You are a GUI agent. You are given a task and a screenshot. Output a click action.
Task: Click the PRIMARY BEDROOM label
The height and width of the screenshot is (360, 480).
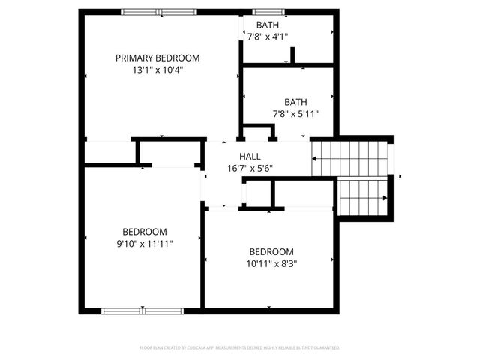click(157, 58)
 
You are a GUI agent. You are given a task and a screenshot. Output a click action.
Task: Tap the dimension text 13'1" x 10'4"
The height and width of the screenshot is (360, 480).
click(157, 70)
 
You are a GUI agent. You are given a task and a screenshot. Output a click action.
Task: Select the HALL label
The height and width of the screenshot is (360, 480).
click(250, 156)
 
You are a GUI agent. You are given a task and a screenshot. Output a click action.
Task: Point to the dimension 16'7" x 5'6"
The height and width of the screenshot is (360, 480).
click(250, 168)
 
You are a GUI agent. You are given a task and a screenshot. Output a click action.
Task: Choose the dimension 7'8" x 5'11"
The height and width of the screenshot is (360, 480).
click(295, 114)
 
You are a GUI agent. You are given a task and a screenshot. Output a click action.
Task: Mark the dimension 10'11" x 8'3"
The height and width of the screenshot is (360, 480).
click(271, 263)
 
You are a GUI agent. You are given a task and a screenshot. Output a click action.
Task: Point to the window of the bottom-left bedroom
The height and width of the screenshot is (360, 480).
click(144, 309)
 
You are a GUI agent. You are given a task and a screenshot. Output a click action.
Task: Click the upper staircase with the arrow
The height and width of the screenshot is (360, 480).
click(352, 157)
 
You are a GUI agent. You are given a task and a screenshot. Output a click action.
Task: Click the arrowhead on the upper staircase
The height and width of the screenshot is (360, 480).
click(316, 158)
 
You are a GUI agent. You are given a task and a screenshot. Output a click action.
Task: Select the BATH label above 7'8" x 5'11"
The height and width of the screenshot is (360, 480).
click(295, 102)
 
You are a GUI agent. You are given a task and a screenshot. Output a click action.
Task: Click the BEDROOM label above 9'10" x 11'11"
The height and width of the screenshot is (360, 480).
click(145, 232)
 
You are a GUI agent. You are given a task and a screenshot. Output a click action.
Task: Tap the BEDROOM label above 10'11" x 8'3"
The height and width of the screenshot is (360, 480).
click(271, 251)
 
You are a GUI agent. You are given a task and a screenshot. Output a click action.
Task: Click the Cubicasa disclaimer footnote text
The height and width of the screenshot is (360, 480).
click(240, 348)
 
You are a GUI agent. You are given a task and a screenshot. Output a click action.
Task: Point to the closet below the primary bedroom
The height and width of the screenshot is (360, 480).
click(169, 152)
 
